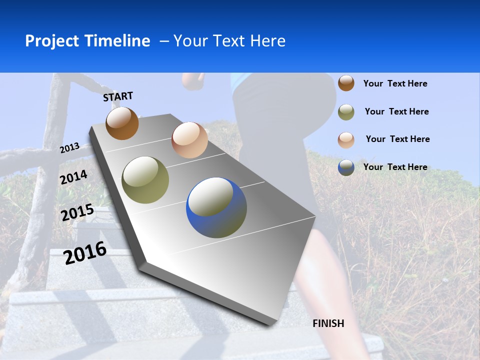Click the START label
pos(118,96)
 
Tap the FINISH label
pos(328,323)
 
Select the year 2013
pos(70,148)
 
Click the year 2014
pos(74,177)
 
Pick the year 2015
pos(77,212)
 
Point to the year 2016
pos(85,252)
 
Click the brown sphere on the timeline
pos(122,123)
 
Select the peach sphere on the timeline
pos(189,140)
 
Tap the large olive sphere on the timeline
pos(145,180)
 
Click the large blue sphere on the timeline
pos(216,207)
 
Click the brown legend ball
pos(346,83)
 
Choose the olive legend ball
pos(346,112)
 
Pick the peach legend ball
pos(346,139)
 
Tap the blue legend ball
pos(346,167)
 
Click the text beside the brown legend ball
pos(395,83)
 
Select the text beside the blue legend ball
pos(395,167)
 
